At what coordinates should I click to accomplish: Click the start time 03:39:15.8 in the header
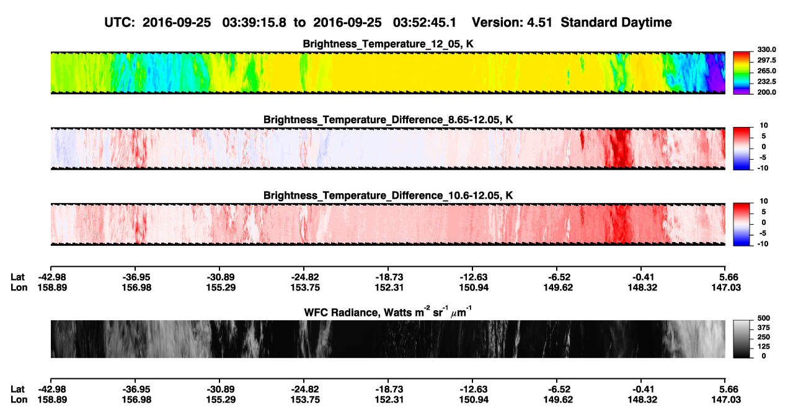(x=254, y=23)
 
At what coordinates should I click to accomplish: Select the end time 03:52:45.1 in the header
(x=425, y=23)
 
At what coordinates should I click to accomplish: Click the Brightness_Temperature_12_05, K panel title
(x=388, y=44)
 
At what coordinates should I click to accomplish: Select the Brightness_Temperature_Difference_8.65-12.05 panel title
(x=388, y=120)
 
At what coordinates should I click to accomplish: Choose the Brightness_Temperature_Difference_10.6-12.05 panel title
(x=388, y=196)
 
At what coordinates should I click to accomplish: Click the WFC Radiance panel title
(x=388, y=312)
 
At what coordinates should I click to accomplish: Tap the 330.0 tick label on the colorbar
(x=766, y=50)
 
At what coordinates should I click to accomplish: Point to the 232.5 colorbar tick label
(x=766, y=82)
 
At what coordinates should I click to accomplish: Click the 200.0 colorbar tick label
(x=766, y=92)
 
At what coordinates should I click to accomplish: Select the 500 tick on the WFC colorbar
(x=764, y=318)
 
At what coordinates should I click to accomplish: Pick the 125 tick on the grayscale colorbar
(x=764, y=347)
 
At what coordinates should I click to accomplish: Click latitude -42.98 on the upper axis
(x=52, y=277)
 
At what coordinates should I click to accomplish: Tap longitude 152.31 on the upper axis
(x=389, y=288)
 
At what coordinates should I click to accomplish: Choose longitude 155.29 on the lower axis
(x=221, y=400)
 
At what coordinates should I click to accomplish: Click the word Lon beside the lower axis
(x=19, y=400)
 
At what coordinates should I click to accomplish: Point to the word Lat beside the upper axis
(x=17, y=277)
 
